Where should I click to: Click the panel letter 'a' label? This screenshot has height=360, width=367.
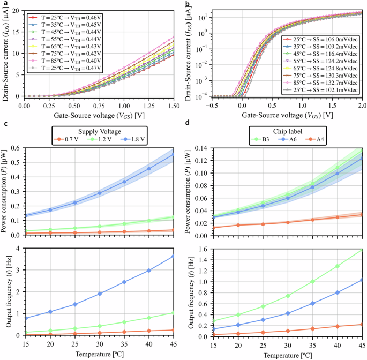click(x=3, y=4)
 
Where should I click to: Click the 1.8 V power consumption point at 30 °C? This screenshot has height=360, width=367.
click(x=100, y=193)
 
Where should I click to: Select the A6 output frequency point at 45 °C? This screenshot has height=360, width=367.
click(x=362, y=280)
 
